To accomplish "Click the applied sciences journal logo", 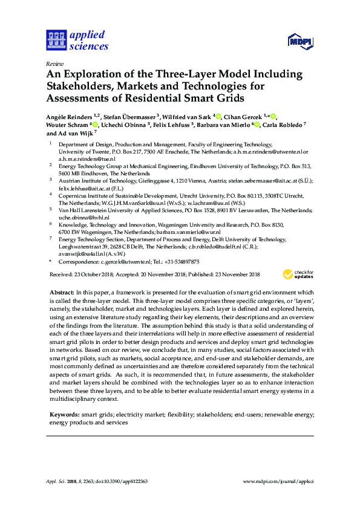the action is coord(77,40).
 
